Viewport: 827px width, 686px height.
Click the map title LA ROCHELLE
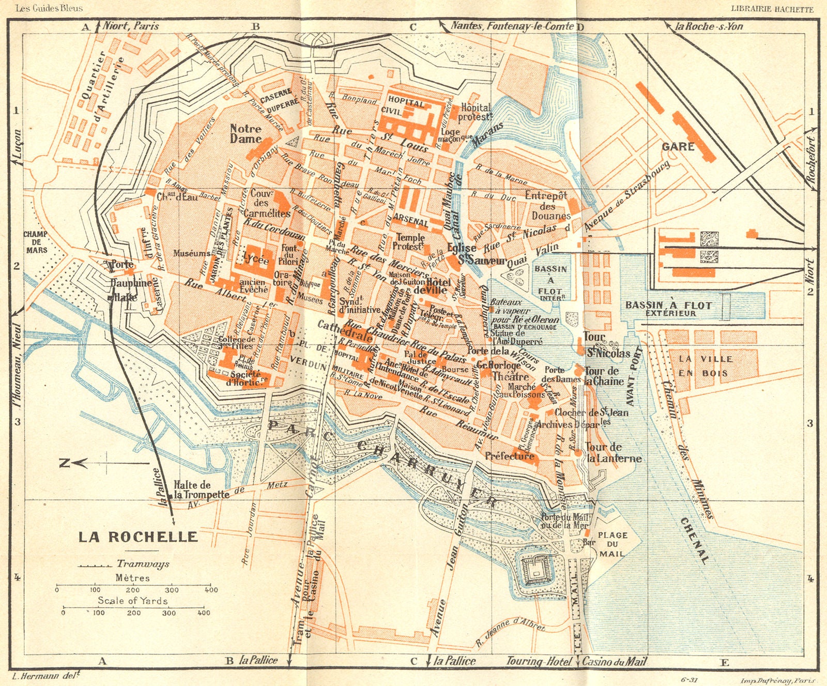pos(138,537)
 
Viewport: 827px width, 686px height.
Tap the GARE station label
pos(678,147)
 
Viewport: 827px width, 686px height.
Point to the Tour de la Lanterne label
pos(612,453)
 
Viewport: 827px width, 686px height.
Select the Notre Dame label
pos(246,133)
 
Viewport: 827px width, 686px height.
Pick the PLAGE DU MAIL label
pos(612,544)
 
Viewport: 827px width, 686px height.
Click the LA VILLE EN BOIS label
pos(706,365)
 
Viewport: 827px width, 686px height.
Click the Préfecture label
pos(509,456)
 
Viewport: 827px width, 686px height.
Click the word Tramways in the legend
pos(143,564)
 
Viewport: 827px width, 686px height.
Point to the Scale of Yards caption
pos(133,600)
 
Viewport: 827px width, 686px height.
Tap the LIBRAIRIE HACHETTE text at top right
pos(772,9)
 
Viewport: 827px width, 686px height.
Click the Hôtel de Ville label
pos(437,286)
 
